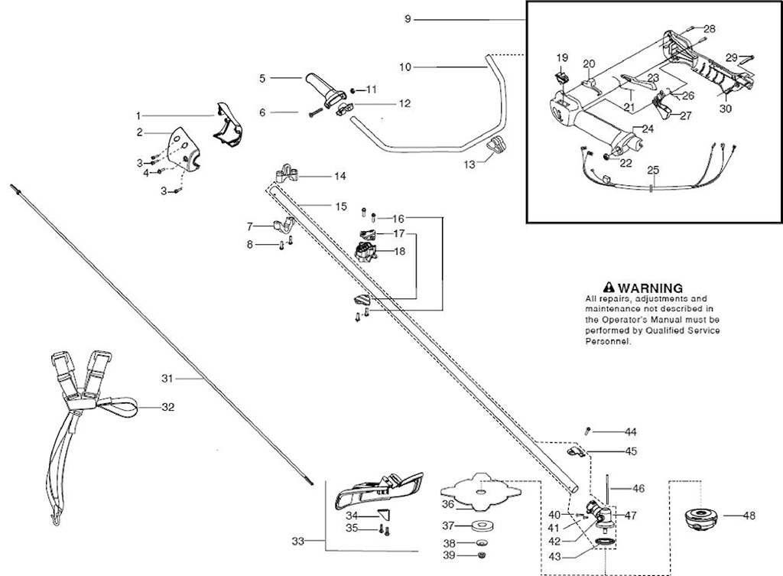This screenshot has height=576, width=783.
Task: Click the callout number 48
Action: (749, 516)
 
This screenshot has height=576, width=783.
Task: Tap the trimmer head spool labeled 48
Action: (700, 518)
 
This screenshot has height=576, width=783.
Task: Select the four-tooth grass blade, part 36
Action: (479, 493)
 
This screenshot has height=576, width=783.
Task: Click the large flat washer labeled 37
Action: (482, 526)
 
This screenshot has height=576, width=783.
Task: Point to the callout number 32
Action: (167, 407)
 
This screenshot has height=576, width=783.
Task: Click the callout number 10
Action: (405, 67)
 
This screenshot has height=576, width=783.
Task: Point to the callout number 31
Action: (168, 378)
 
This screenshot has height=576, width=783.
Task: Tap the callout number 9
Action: (408, 18)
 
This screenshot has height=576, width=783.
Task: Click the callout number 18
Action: (400, 251)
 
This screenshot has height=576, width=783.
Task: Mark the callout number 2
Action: (140, 132)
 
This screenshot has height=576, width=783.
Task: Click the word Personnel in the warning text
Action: (608, 343)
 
